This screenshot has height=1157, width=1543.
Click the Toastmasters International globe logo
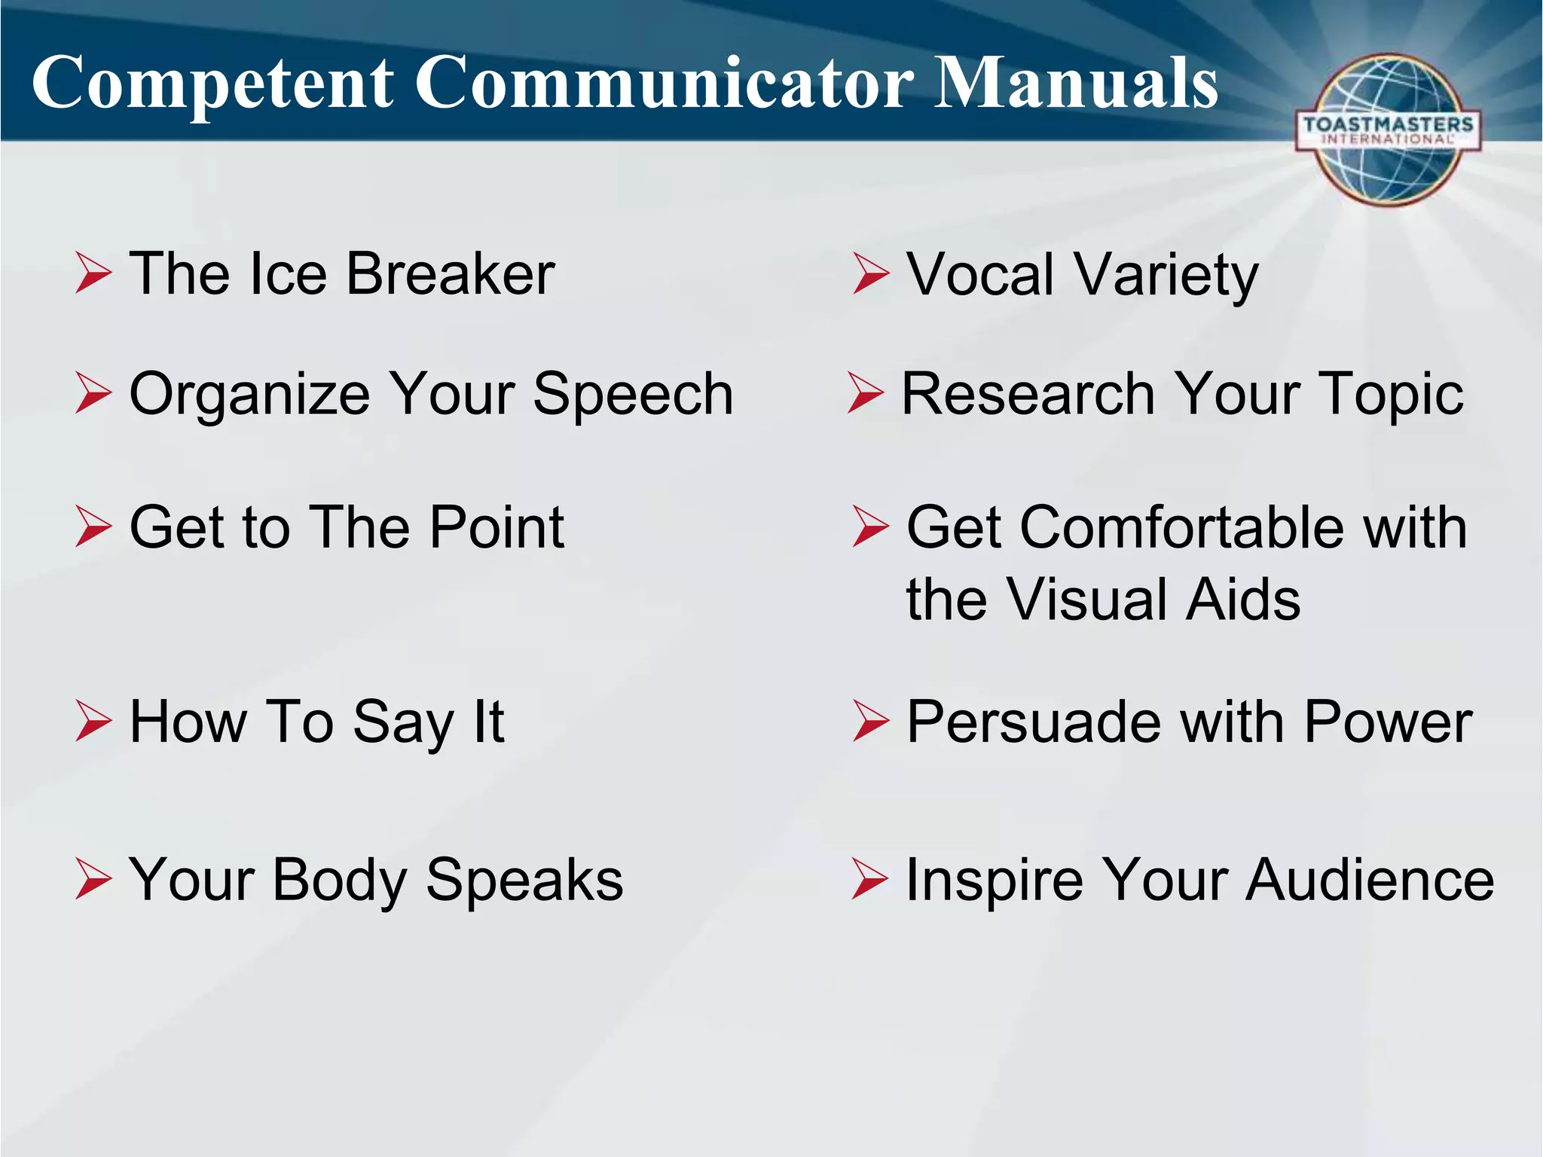point(1388,130)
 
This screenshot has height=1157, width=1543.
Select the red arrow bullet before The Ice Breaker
point(93,273)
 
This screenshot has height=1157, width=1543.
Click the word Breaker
point(450,273)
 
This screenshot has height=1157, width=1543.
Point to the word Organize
point(249,395)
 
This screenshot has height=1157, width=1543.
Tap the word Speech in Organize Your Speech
point(633,393)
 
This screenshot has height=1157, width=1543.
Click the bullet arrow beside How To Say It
point(93,721)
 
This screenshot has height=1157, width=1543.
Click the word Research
point(1028,393)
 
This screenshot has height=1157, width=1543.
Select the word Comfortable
point(1183,527)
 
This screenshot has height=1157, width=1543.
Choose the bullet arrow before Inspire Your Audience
point(869,879)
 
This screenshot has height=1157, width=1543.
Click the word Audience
point(1370,880)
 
